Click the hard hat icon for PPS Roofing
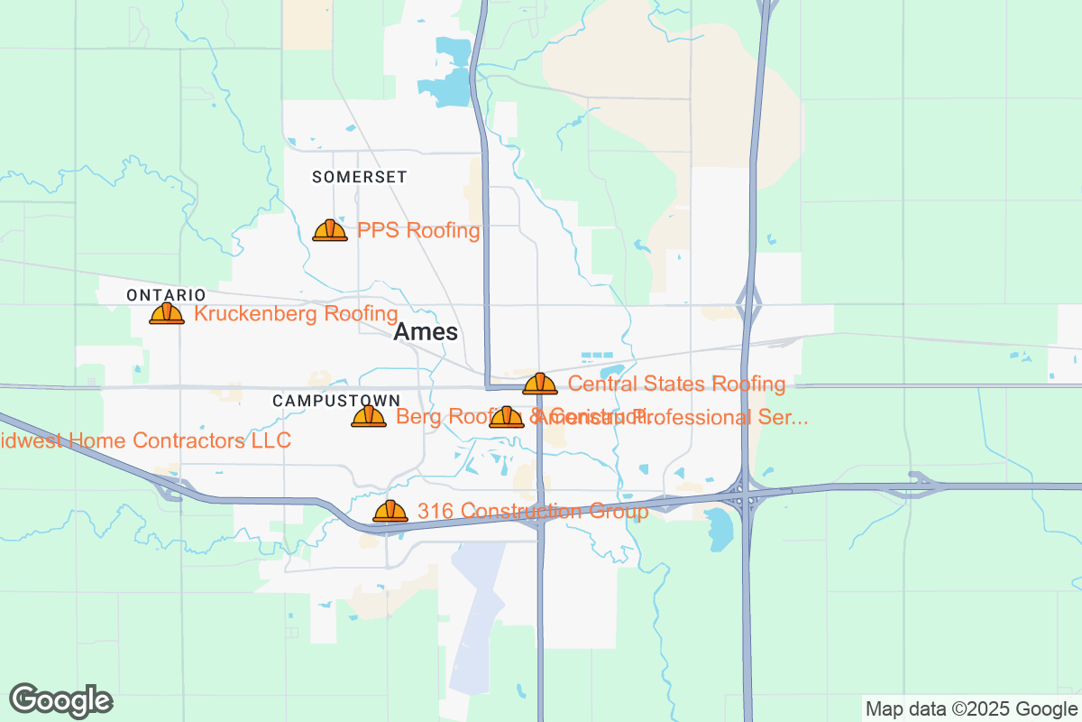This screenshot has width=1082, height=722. pyautogui.click(x=330, y=230)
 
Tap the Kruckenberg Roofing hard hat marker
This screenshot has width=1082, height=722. pyautogui.click(x=167, y=313)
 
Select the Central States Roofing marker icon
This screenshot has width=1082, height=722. pyautogui.click(x=540, y=384)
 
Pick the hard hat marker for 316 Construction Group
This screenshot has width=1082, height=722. pyautogui.click(x=390, y=511)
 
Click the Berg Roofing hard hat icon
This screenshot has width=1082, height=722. pyautogui.click(x=369, y=416)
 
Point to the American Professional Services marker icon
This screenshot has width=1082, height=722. pyautogui.click(x=507, y=416)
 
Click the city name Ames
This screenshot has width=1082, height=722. pyautogui.click(x=426, y=332)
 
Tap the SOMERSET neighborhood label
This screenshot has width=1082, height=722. pyautogui.click(x=360, y=177)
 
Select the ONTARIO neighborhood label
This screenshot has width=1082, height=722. pyautogui.click(x=166, y=295)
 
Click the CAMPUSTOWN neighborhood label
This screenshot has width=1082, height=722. pyautogui.click(x=336, y=400)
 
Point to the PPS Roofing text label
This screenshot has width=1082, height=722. pyautogui.click(x=418, y=230)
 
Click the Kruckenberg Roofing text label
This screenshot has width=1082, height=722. pyautogui.click(x=296, y=313)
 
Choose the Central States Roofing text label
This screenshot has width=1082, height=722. pyautogui.click(x=676, y=384)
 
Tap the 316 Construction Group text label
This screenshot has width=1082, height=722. pyautogui.click(x=532, y=512)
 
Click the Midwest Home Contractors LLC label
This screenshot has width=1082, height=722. pyautogui.click(x=144, y=440)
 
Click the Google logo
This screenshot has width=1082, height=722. pyautogui.click(x=61, y=700)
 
